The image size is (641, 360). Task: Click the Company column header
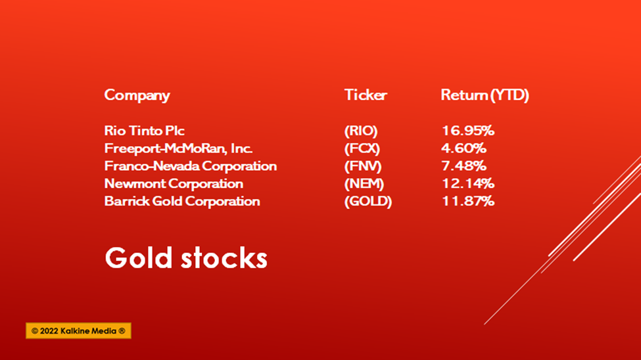[137, 96]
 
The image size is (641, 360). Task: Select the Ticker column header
[366, 95]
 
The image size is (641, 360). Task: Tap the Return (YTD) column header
[485, 95]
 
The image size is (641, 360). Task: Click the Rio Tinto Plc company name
[144, 131]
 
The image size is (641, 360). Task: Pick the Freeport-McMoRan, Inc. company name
[178, 148]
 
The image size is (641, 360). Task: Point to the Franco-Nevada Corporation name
[191, 166]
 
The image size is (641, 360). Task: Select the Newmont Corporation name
[174, 183]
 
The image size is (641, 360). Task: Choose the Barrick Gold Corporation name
[182, 201]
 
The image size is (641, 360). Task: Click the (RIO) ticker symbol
[361, 131]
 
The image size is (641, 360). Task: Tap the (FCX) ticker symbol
[362, 148]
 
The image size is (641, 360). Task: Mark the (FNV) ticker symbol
[363, 166]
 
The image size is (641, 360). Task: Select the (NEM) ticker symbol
[364, 183]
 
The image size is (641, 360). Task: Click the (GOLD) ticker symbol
[368, 201]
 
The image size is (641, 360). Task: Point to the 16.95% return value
[468, 131]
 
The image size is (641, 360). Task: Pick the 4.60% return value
[464, 148]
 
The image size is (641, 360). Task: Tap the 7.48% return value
[464, 166]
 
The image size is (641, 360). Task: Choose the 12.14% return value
[468, 183]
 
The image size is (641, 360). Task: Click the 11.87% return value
[468, 201]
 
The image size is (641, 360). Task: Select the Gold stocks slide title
[186, 258]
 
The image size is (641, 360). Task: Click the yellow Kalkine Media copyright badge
[78, 331]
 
